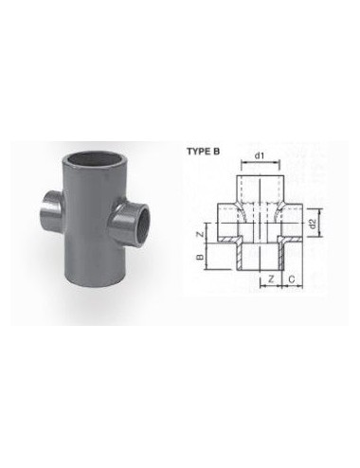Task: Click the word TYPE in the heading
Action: pos(199,152)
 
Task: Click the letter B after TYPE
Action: pos(216,152)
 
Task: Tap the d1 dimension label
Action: pos(260,155)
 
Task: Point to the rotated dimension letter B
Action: pos(200,257)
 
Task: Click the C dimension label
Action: pos(292,279)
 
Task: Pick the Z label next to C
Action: pos(270,279)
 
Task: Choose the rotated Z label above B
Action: pos(200,234)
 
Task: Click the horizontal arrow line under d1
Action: pos(261,162)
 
